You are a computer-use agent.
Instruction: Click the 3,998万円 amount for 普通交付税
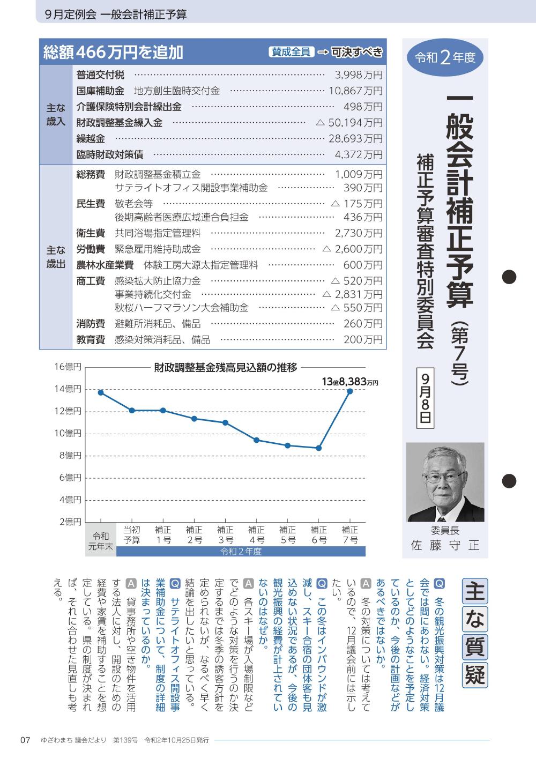click(359, 75)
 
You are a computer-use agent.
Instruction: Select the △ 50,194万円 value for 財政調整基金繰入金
click(349, 123)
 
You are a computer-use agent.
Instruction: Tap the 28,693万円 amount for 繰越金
click(355, 139)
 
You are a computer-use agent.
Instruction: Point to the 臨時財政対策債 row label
click(109, 155)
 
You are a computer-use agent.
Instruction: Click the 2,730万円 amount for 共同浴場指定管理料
click(359, 233)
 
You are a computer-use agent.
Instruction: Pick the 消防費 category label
click(91, 324)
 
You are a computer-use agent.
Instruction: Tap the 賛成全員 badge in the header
click(292, 52)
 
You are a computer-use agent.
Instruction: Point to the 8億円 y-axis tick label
click(70, 456)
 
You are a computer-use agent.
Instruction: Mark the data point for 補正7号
click(350, 391)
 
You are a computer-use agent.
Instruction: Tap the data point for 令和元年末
click(101, 392)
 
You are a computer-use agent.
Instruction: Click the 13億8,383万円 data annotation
click(350, 382)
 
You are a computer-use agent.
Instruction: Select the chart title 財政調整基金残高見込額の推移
click(225, 368)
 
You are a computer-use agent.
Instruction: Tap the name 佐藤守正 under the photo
click(445, 546)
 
